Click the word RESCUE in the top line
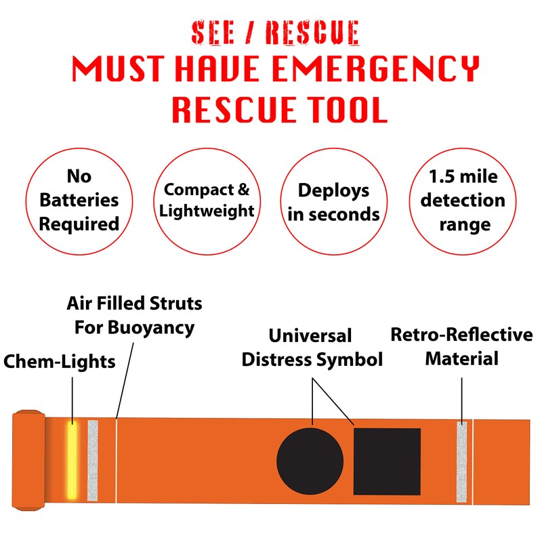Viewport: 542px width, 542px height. tap(311, 33)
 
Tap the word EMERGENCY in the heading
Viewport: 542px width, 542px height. tap(380, 70)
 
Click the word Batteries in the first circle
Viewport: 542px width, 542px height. tap(79, 201)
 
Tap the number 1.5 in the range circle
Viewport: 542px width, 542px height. tap(442, 178)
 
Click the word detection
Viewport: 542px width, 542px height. tap(463, 201)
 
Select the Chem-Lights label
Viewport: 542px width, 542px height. tap(59, 361)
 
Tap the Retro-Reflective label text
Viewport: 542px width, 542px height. tap(461, 335)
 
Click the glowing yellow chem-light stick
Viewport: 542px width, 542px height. tap(72, 460)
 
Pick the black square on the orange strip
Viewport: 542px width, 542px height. tap(387, 461)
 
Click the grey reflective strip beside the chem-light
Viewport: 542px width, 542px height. tap(93, 461)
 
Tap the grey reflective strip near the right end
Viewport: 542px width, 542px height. tap(462, 461)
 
